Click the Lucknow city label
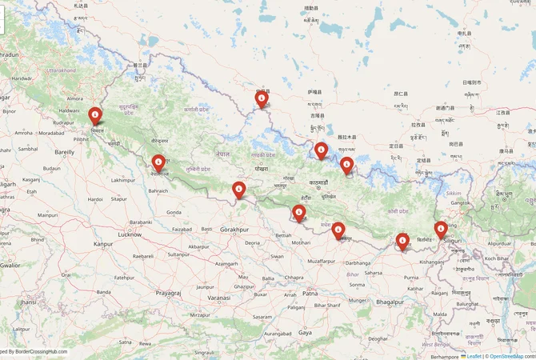[130, 234]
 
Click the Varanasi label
[218, 297]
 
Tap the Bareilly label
[64, 151]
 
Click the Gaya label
[305, 331]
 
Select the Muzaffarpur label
[321, 261]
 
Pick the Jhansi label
[28, 302]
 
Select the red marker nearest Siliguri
[441, 230]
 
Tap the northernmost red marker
[262, 98]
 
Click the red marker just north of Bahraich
[158, 163]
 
